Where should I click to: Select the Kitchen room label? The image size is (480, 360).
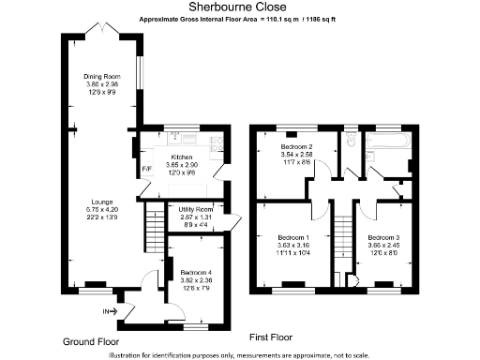coord(180,157)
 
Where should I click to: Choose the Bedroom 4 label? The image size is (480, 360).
coord(196,273)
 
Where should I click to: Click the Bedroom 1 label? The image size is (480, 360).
coord(292,238)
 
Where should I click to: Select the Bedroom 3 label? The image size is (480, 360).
coord(383,238)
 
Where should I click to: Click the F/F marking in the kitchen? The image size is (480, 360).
coord(145,170)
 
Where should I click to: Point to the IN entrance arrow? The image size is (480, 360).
coord(113,310)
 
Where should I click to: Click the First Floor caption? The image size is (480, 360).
coord(272,336)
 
